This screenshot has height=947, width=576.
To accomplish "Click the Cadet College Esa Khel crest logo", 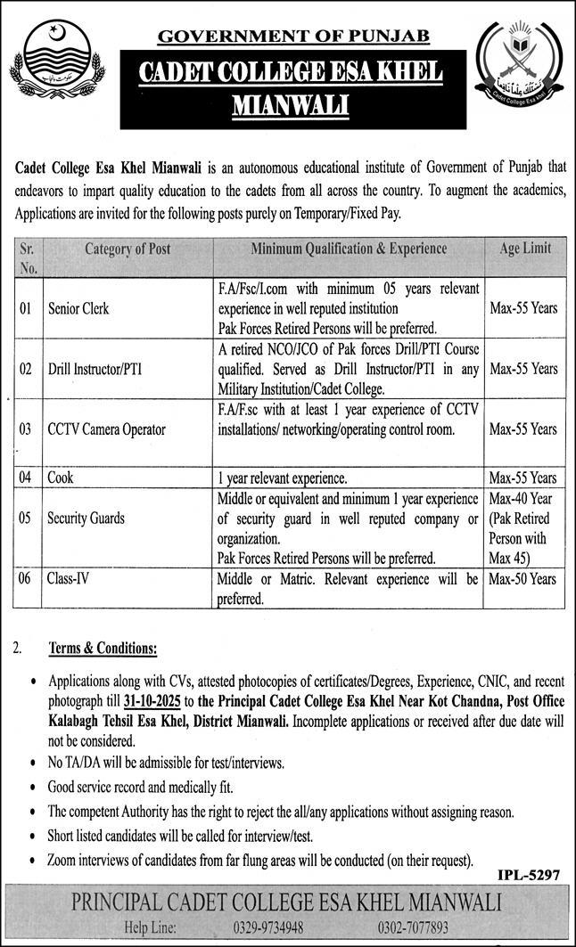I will click(x=519, y=65).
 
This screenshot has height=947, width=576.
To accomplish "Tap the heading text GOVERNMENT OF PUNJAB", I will click(x=293, y=36).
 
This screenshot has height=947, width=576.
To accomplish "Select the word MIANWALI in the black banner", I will click(x=291, y=106).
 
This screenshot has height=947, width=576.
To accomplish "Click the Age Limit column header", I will click(x=524, y=249).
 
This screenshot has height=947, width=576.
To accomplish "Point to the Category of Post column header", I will click(x=128, y=249).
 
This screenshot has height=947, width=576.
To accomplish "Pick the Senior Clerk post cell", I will click(x=78, y=308).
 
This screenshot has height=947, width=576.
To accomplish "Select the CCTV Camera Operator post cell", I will click(x=106, y=429).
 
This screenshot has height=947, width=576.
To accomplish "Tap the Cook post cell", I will click(x=61, y=478).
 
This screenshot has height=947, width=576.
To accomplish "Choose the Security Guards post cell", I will click(x=86, y=518).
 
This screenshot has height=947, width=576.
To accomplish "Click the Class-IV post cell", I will click(x=68, y=579).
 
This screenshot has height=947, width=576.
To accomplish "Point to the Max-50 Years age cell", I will click(x=524, y=579).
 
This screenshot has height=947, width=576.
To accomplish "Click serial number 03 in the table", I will click(x=26, y=429).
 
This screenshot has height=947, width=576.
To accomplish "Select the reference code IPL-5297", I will click(x=529, y=877).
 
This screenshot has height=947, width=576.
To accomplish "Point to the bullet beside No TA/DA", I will click(x=33, y=764).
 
